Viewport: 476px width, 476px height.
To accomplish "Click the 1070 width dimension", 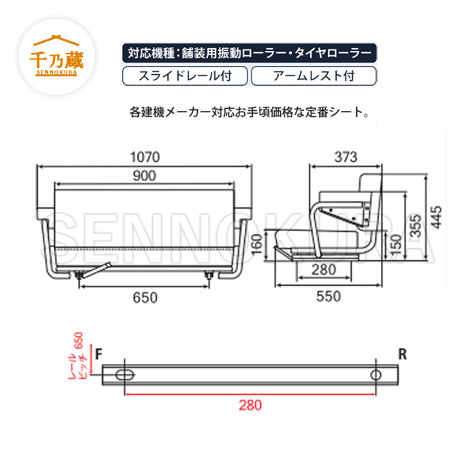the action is click(x=145, y=157).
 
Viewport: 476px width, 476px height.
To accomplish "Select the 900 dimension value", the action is click(x=144, y=175).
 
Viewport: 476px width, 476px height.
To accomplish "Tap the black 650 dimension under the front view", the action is click(x=145, y=298).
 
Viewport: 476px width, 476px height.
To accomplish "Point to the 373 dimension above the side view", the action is click(x=345, y=157).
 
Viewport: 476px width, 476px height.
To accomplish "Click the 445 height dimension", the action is click(x=437, y=217).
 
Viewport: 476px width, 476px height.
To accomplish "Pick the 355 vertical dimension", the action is click(x=415, y=226).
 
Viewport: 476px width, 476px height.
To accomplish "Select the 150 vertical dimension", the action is click(x=396, y=245).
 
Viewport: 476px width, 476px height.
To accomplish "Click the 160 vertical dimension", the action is click(x=256, y=245).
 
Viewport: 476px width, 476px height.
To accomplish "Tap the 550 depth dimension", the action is click(x=328, y=296).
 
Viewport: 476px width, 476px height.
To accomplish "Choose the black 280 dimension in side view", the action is click(x=324, y=269).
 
